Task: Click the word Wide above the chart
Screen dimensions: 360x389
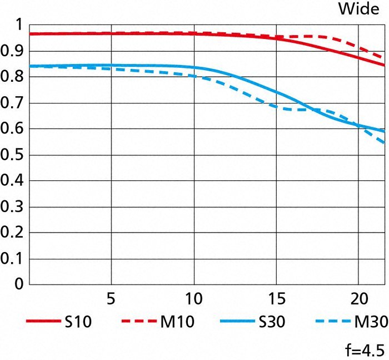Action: click(359, 9)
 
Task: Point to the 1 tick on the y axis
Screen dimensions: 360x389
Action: click(18, 26)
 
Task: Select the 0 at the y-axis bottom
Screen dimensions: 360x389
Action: click(18, 284)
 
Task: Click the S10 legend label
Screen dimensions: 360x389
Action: click(81, 322)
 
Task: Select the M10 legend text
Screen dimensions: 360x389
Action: click(178, 322)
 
